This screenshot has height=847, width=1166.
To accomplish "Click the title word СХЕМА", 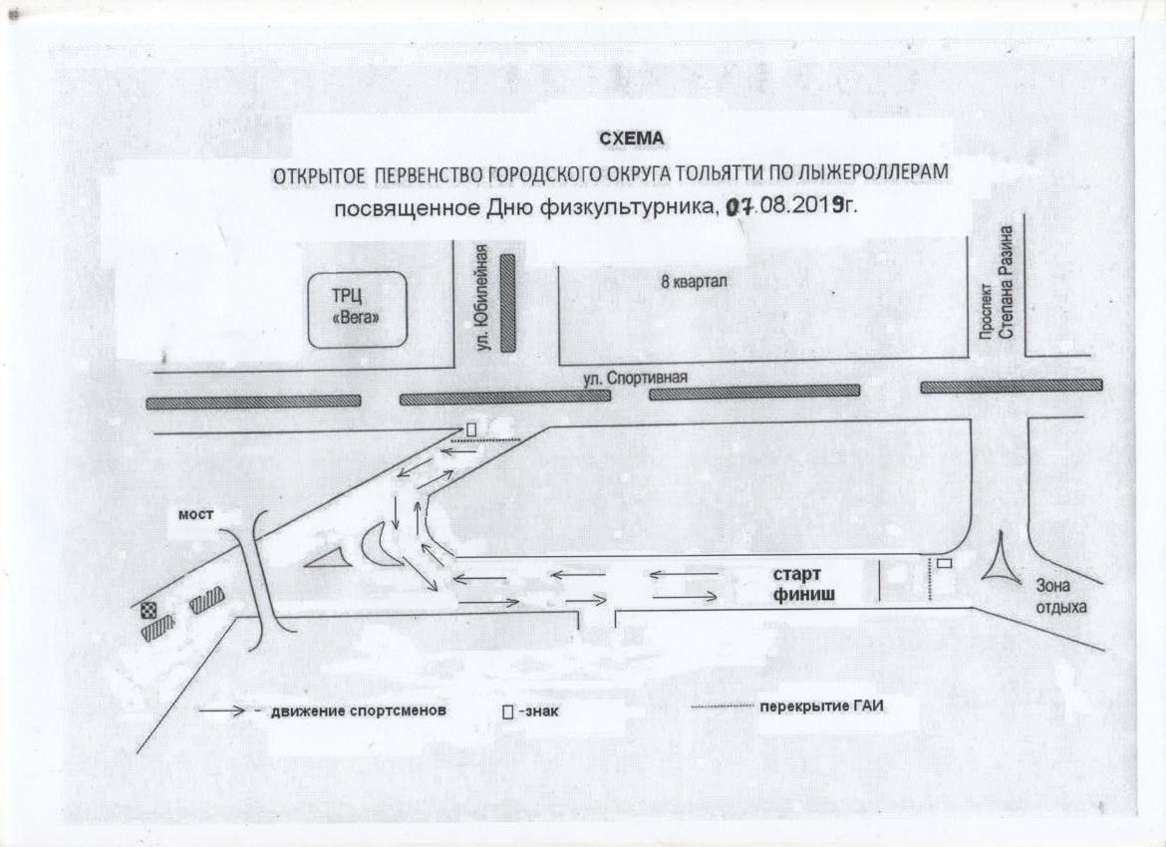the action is click(632, 140).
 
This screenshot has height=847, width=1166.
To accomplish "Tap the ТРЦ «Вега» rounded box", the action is click(358, 310).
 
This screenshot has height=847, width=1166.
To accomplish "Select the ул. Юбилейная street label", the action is click(483, 298).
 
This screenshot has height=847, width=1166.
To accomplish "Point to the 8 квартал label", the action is click(693, 282).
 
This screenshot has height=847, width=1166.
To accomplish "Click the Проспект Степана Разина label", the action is click(997, 283).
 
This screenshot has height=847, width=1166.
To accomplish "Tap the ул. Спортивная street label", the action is click(635, 379).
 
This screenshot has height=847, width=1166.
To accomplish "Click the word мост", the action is click(196, 514).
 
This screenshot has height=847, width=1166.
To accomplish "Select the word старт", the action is click(796, 575).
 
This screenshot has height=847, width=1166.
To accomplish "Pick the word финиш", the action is click(803, 594).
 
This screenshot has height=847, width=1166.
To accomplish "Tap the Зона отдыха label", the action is click(1062, 597).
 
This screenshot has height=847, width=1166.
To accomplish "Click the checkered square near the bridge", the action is click(147, 611).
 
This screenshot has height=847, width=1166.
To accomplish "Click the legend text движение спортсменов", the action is click(359, 710).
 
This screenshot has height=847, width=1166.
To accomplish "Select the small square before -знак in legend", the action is click(507, 712).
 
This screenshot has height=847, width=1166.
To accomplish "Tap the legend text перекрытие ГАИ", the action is click(822, 706).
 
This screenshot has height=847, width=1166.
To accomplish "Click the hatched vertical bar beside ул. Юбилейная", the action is click(508, 303).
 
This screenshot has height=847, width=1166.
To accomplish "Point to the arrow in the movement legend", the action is click(223, 710).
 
